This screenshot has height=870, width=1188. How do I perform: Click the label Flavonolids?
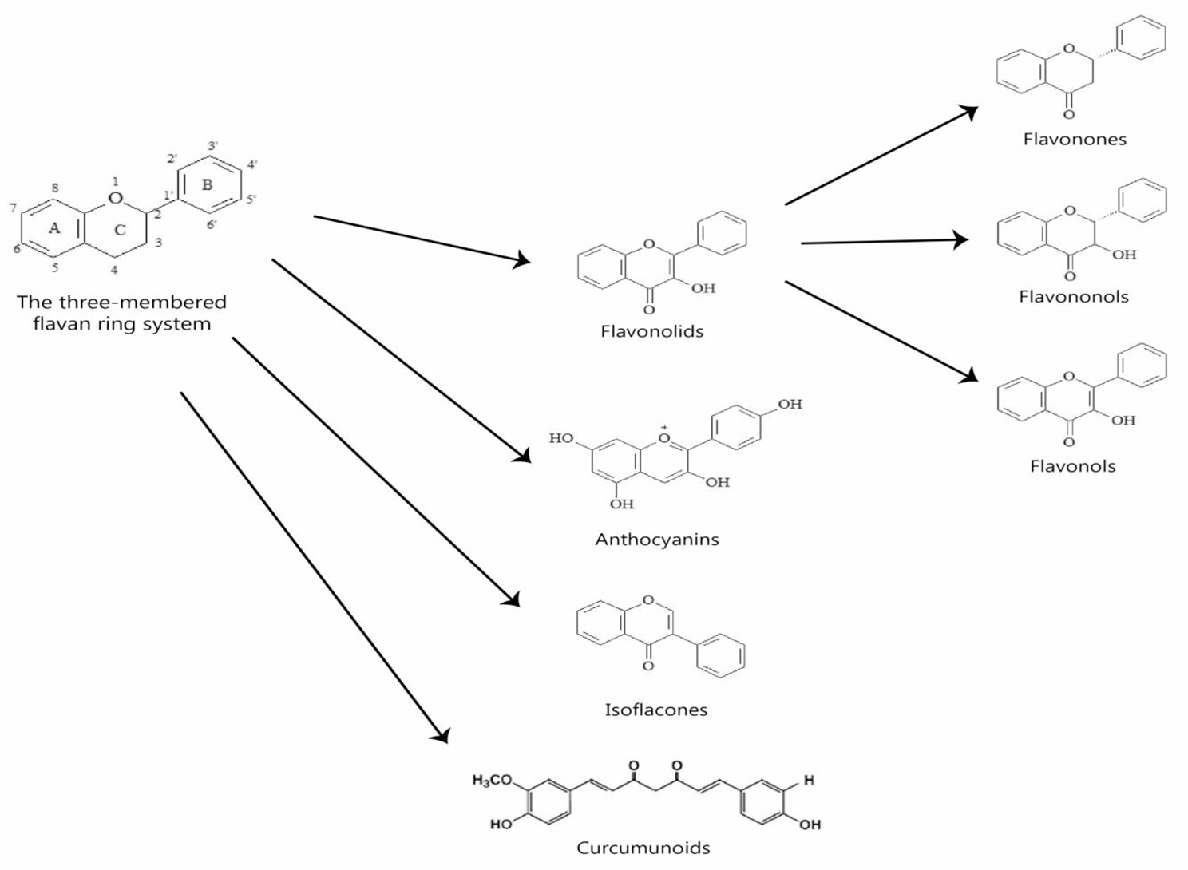tap(651, 330)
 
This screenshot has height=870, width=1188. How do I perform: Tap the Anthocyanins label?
tap(656, 540)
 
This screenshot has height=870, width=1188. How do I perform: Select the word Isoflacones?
tap(655, 710)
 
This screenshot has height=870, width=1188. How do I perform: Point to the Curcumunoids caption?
tap(643, 848)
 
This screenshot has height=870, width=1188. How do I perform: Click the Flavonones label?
tap(1075, 139)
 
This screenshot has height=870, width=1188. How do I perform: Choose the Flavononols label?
tap(1073, 297)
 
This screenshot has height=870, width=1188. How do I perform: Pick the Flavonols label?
tap(1072, 466)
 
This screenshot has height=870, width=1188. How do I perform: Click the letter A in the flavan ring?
tap(54, 228)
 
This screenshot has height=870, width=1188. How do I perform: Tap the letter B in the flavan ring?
tap(207, 184)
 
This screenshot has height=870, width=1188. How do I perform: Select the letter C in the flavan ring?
tap(120, 230)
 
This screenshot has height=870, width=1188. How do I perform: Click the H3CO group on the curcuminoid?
tap(492, 781)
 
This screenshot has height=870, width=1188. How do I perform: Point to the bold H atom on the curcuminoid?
tap(809, 780)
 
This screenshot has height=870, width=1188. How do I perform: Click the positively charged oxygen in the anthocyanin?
tap(664, 437)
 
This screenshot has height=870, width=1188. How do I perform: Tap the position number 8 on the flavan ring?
tap(55, 188)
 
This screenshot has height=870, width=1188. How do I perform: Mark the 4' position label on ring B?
tap(252, 165)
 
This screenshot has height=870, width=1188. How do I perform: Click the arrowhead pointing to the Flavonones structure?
tap(969, 112)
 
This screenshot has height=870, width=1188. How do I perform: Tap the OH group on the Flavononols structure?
tap(1123, 255)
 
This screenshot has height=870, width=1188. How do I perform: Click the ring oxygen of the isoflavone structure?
tap(647, 600)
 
